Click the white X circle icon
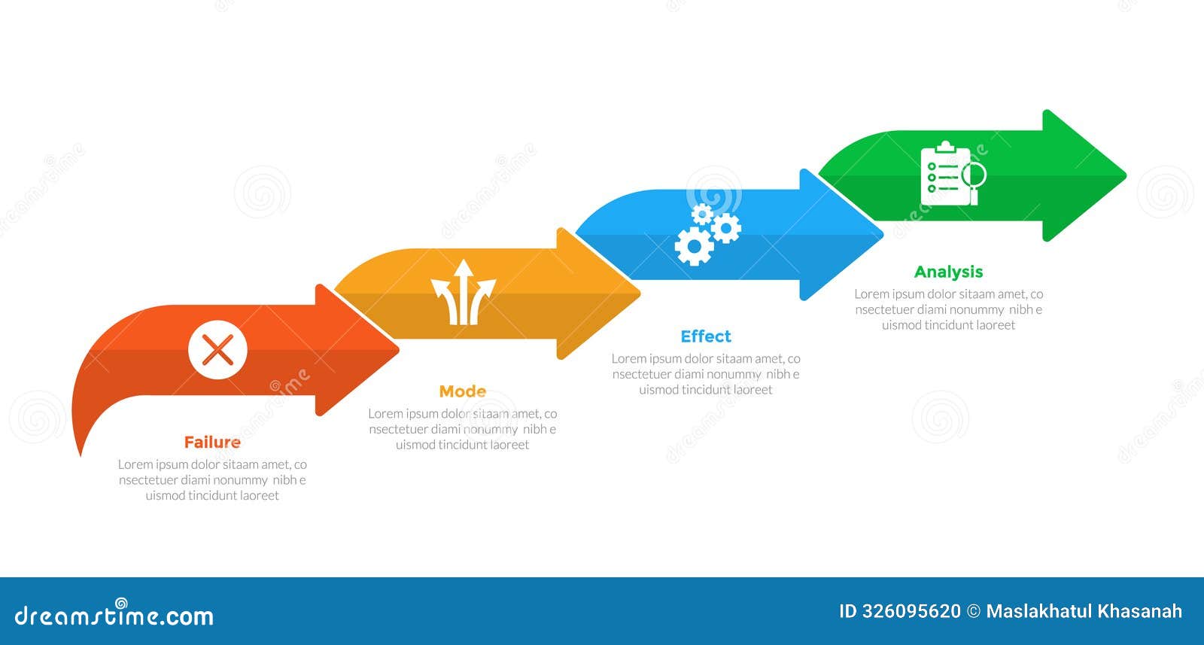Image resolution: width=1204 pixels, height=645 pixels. pos(217,350)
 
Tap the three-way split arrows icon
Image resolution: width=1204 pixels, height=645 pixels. pos(463,293)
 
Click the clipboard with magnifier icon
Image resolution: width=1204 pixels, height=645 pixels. pos(952,174)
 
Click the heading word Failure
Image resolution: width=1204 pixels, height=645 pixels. pos(212,443)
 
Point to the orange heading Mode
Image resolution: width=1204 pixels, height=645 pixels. pos(462,391)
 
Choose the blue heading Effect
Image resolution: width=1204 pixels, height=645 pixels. pos(705,336)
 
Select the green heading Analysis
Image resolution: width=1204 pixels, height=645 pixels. pos(948,272)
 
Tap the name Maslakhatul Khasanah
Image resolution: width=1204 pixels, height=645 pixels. pos(1084,611)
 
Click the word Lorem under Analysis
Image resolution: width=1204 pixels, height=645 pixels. pos(871,294)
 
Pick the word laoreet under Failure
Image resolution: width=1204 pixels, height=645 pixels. pos(259,496)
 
